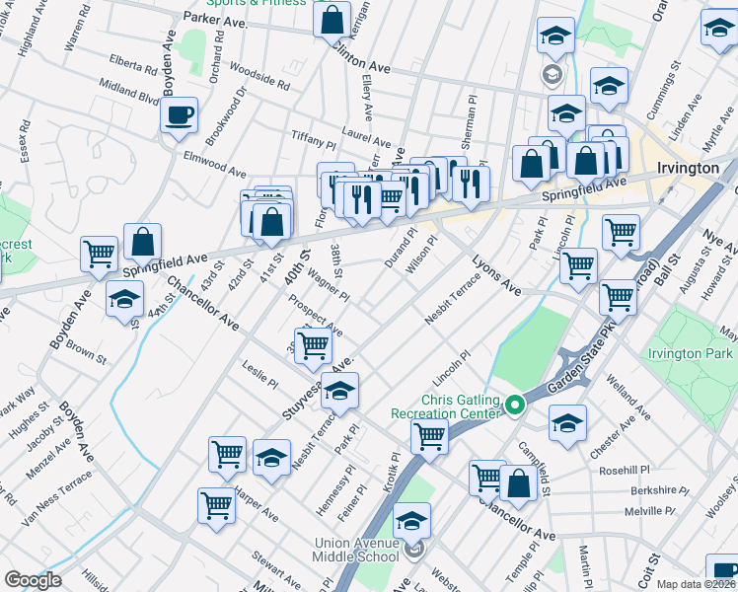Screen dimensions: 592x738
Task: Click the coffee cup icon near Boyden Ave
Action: (179, 114)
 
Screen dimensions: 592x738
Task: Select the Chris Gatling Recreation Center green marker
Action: (513, 405)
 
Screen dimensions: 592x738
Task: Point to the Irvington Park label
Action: (690, 353)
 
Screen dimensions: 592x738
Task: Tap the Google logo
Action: (33, 580)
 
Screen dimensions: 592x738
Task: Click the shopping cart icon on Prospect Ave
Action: (313, 344)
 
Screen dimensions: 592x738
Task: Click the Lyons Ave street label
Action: (495, 273)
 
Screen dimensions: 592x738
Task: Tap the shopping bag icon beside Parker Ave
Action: (332, 18)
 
